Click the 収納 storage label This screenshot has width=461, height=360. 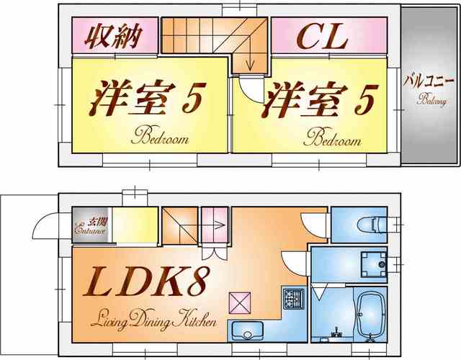pyautogui.click(x=113, y=36)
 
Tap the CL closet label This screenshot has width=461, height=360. pyautogui.click(x=322, y=37)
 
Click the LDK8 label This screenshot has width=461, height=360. pyautogui.click(x=146, y=282)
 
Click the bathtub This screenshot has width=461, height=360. pyautogui.click(x=370, y=315)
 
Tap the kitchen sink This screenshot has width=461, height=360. pyautogui.click(x=247, y=331)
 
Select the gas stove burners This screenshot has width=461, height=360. pyautogui.click(x=293, y=298)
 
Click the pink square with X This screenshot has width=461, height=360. pyautogui.click(x=240, y=302)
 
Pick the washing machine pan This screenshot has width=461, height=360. pyautogui.click(x=374, y=264)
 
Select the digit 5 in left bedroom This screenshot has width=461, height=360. pyautogui.click(x=194, y=98)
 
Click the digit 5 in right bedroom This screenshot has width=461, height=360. pyautogui.click(x=366, y=99)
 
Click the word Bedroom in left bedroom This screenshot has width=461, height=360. pyautogui.click(x=160, y=135)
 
